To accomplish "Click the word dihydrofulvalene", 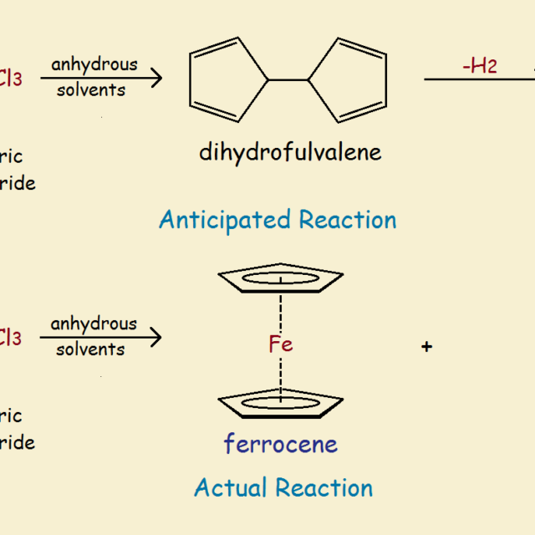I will [x=289, y=152].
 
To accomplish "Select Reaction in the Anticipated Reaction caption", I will [x=345, y=220].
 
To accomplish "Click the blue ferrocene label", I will [x=280, y=443].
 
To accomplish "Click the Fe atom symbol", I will [x=281, y=344].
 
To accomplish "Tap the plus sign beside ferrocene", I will [x=426, y=346].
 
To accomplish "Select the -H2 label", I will [x=479, y=66].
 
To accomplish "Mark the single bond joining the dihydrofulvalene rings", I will [x=288, y=80].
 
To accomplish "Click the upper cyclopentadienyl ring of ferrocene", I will [x=280, y=278].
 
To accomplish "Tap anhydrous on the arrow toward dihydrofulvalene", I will [x=94, y=65].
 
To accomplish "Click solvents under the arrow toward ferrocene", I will [x=90, y=349].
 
